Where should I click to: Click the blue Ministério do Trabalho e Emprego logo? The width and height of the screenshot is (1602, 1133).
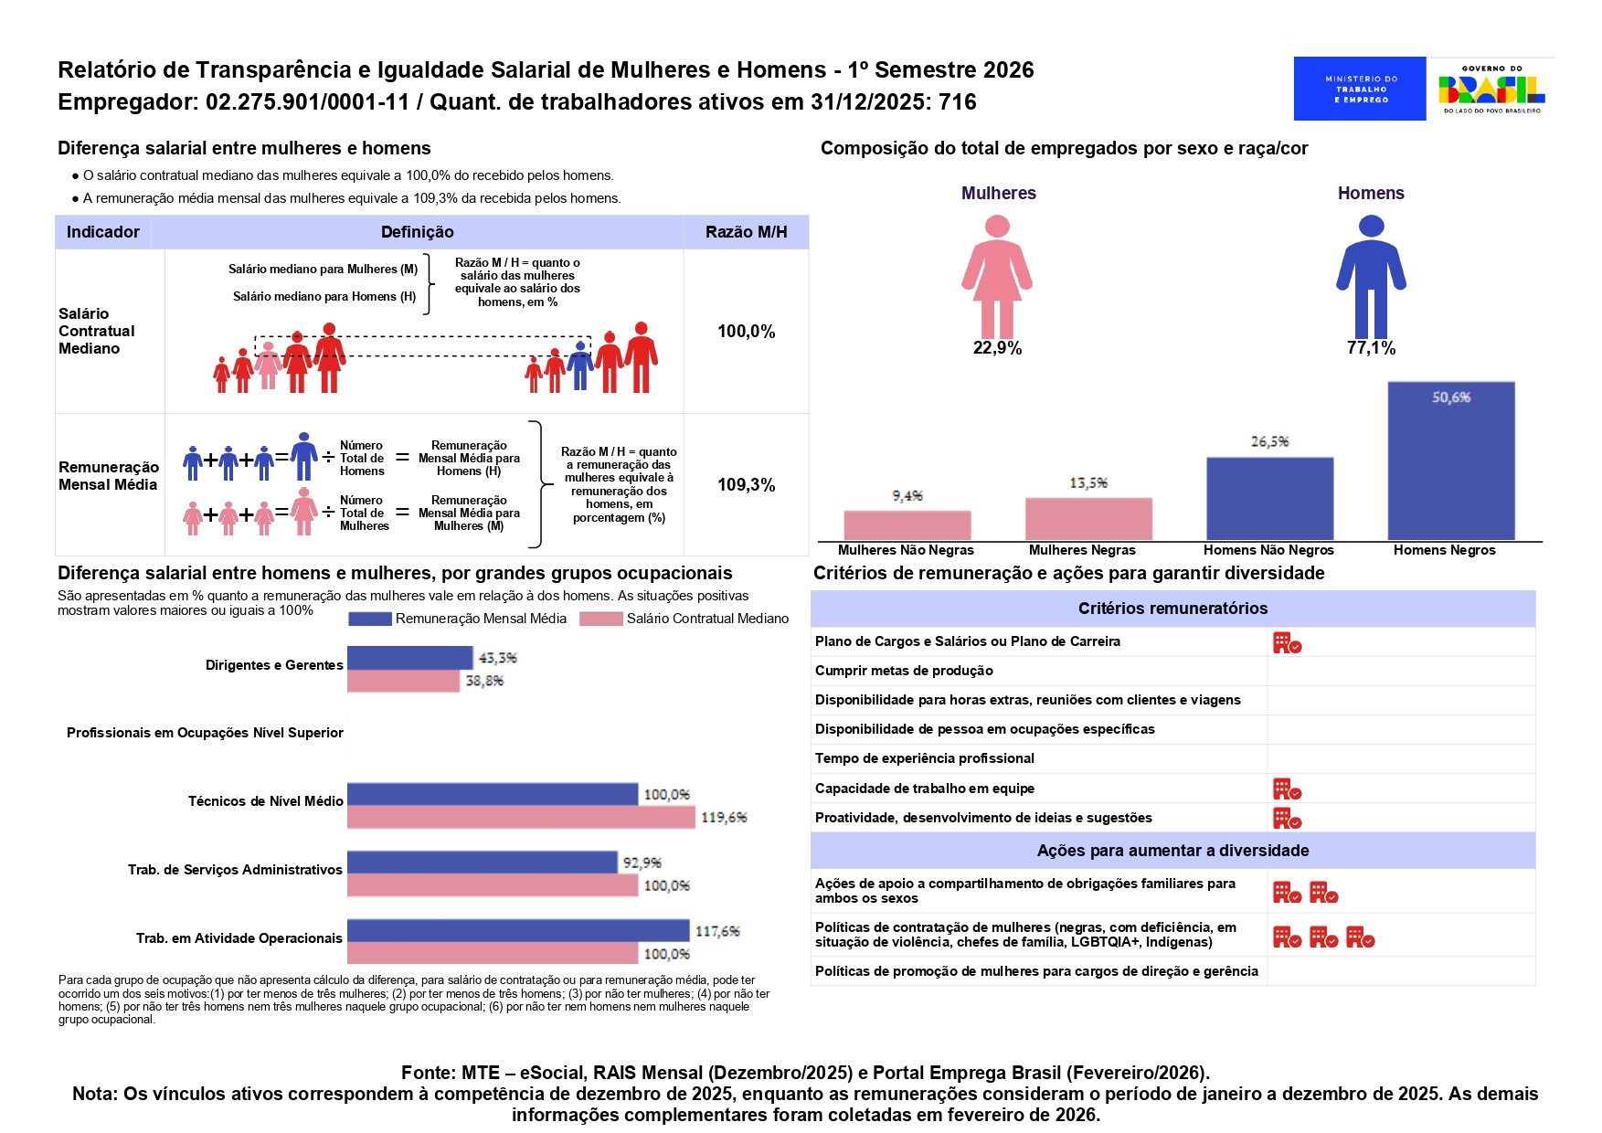[x=1360, y=89]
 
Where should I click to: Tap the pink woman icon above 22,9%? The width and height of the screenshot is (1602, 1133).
[x=997, y=276]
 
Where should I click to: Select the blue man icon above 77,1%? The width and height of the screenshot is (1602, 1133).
[x=1371, y=276]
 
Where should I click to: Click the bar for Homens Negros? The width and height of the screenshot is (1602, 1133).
[x=1451, y=461]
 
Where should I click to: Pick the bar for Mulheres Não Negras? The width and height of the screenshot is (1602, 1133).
[x=907, y=525]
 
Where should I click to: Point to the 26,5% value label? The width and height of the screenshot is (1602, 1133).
[x=1270, y=441]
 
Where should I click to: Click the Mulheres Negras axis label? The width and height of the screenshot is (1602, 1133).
[x=1082, y=550]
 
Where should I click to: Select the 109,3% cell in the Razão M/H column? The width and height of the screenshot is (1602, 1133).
[x=747, y=485]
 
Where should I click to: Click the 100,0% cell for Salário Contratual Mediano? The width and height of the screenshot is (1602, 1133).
[x=747, y=332]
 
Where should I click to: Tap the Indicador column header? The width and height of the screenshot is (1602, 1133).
[x=103, y=232]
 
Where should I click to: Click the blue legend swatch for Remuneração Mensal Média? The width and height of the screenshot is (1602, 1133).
[x=370, y=619]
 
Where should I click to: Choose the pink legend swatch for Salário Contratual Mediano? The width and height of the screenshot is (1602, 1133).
[x=601, y=619]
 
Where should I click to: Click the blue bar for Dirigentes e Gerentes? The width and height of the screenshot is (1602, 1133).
[x=410, y=658]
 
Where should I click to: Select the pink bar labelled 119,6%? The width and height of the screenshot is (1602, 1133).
[x=521, y=817]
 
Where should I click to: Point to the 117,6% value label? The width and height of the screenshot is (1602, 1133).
[x=717, y=931]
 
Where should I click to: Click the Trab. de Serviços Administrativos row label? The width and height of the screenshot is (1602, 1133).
[x=235, y=870]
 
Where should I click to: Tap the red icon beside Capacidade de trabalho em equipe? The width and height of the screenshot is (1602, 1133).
[x=1288, y=789]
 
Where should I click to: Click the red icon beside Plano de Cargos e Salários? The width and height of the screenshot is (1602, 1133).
[x=1288, y=642]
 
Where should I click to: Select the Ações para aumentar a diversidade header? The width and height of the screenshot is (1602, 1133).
[x=1172, y=851]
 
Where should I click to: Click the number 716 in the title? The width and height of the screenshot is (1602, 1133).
[x=958, y=101]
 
